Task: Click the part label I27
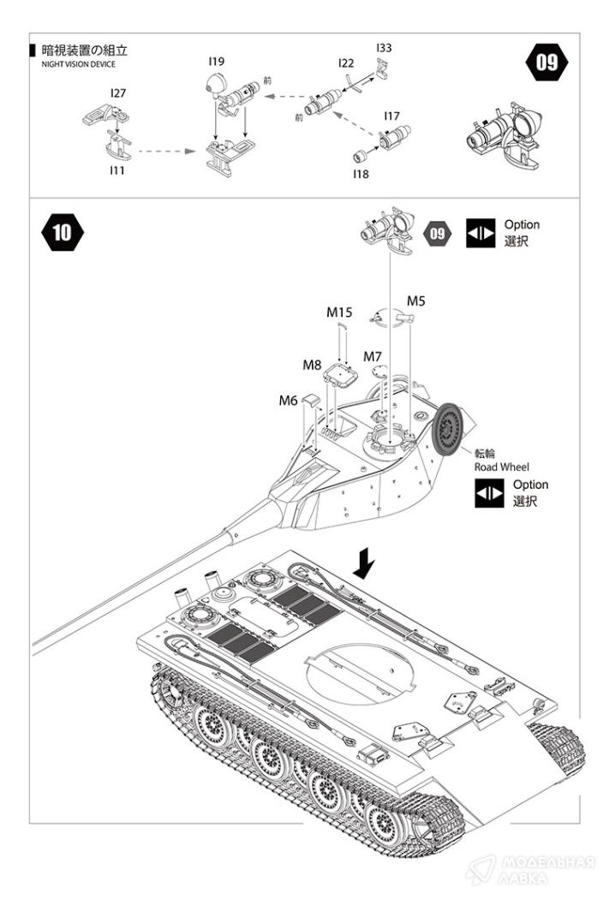coord(117,92)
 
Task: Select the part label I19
coord(216,62)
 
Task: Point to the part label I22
coord(346,63)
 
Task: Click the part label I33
coord(383,48)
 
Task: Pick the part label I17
coord(391,116)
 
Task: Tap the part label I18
coord(360,173)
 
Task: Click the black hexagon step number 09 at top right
coord(546,63)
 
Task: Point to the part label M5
coord(416,301)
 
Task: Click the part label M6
coord(288,400)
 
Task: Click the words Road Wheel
coord(502,467)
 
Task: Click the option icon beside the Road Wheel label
coord(490,493)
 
